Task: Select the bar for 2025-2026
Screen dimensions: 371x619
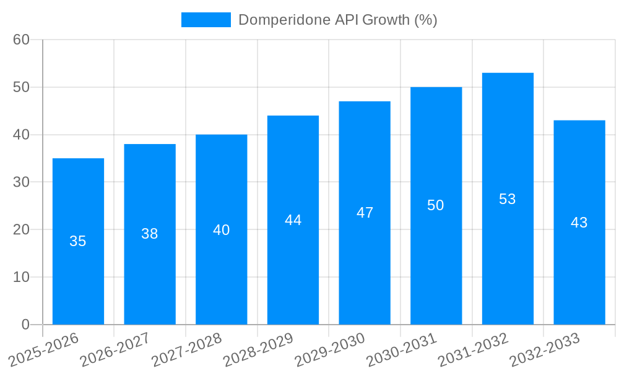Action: [78, 241]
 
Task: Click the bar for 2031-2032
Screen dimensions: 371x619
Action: [508, 198]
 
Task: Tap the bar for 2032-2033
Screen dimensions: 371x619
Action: [579, 222]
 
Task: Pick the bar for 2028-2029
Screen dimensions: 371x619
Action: [293, 220]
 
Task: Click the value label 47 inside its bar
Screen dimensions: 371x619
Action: [365, 213]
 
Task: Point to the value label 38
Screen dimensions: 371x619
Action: [150, 234]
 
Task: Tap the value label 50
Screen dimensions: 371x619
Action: [436, 205]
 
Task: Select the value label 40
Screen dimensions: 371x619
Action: [222, 230]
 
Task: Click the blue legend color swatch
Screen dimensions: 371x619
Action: [206, 20]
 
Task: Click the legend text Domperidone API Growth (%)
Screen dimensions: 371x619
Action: [338, 20]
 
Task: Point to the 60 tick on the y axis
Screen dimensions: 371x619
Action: [22, 40]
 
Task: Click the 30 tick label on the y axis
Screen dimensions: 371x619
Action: [22, 182]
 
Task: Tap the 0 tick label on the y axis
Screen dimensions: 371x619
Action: [25, 325]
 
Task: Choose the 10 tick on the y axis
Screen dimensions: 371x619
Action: [22, 277]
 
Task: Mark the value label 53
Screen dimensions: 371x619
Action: [508, 199]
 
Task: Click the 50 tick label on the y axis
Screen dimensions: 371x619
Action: [22, 87]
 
